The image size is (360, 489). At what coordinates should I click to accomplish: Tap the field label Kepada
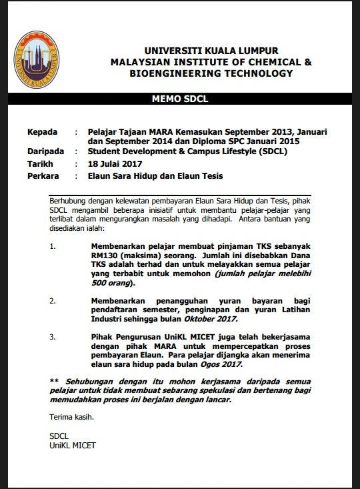[45, 133]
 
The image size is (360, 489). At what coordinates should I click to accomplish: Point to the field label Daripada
[49, 152]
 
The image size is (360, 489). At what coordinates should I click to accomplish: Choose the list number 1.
[54, 245]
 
